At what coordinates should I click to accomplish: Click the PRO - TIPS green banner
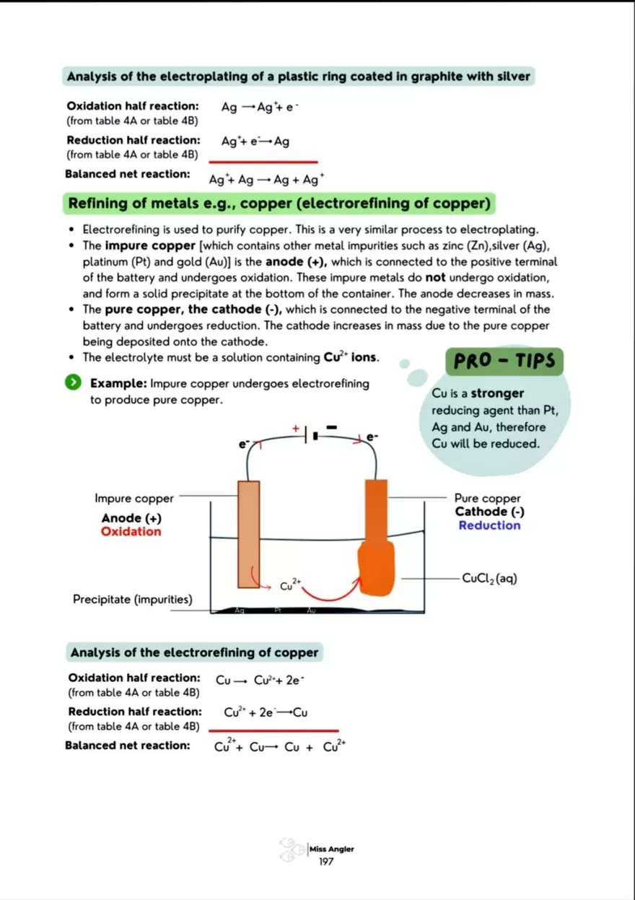(x=504, y=360)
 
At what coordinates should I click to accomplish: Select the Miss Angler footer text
(x=332, y=849)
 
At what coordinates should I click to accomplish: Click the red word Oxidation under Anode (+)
(x=131, y=532)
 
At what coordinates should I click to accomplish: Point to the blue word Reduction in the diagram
(x=489, y=525)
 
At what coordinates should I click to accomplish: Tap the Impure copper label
(x=134, y=498)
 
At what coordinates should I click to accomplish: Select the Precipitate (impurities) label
(x=132, y=600)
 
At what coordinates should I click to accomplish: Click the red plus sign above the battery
(x=296, y=428)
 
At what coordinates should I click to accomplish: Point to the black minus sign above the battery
(x=331, y=427)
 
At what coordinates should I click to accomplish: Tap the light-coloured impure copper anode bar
(x=248, y=534)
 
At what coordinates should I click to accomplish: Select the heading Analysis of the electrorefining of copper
(x=194, y=652)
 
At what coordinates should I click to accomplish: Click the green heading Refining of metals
(x=279, y=204)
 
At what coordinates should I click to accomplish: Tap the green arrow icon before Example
(x=74, y=383)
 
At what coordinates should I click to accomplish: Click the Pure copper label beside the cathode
(x=487, y=498)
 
